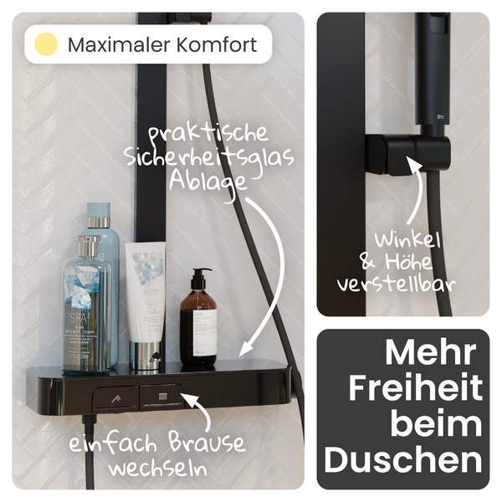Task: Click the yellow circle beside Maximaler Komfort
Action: (x=46, y=44)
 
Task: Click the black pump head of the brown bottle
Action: (x=199, y=277)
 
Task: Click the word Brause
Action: (x=204, y=442)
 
